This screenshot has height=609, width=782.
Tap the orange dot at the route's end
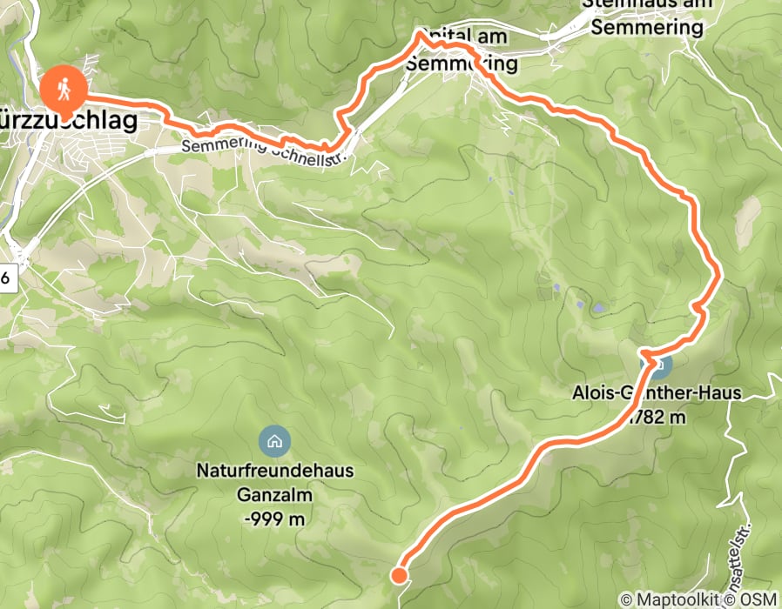[x=399, y=574]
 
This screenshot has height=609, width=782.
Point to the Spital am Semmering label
[x=462, y=50]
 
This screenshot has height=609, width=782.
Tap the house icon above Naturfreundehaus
[x=274, y=440]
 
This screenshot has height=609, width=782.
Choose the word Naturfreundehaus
[x=274, y=471]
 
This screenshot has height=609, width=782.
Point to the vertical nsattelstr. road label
[x=755, y=532]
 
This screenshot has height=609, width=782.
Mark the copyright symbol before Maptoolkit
[x=625, y=599]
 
